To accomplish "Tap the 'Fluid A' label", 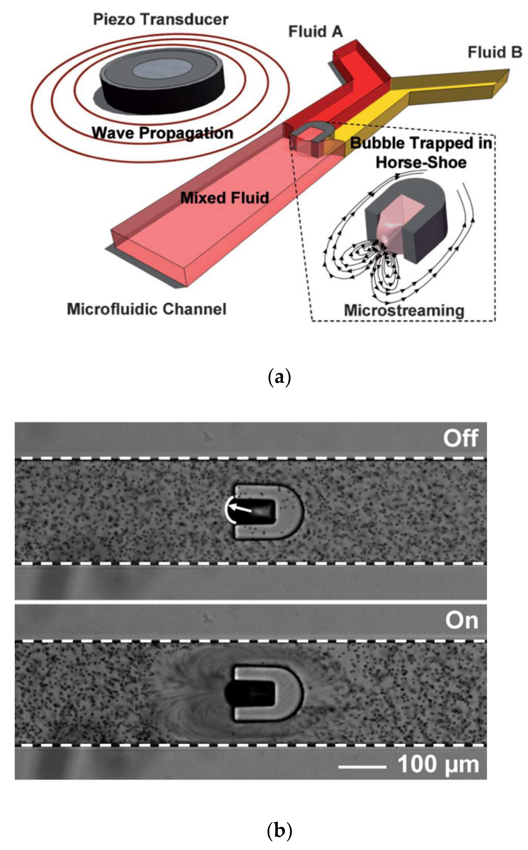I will (x=315, y=32).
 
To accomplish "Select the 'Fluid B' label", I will (x=495, y=52).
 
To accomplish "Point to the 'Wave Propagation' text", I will (x=162, y=133).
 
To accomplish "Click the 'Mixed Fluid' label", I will (x=225, y=198).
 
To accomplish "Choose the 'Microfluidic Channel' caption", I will (x=147, y=309).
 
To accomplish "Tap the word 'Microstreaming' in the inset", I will (x=404, y=310).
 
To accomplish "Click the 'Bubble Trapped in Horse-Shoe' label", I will (x=421, y=153).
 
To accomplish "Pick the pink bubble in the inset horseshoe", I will (x=395, y=220).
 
